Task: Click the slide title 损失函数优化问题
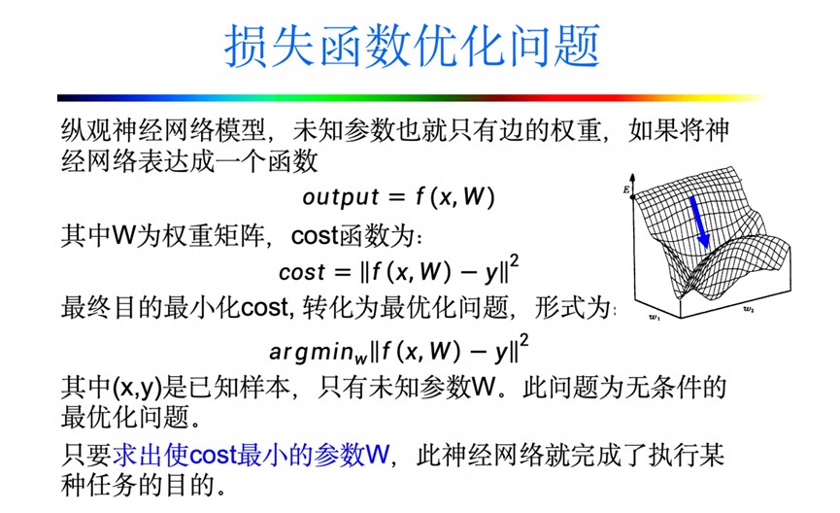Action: (x=412, y=46)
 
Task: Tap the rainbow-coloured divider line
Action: (x=412, y=98)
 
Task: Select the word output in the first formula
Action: (x=341, y=197)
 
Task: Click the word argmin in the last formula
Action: (x=312, y=352)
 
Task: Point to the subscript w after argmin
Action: (x=360, y=358)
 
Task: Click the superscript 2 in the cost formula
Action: (x=515, y=261)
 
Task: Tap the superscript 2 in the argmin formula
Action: (x=523, y=340)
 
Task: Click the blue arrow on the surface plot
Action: (x=699, y=222)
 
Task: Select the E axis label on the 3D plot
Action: (x=626, y=189)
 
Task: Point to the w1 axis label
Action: (x=655, y=318)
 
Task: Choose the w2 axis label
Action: (x=749, y=309)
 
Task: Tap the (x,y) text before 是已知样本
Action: (x=138, y=387)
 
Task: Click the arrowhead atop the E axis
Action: (x=633, y=178)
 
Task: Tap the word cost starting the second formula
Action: (x=302, y=273)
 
